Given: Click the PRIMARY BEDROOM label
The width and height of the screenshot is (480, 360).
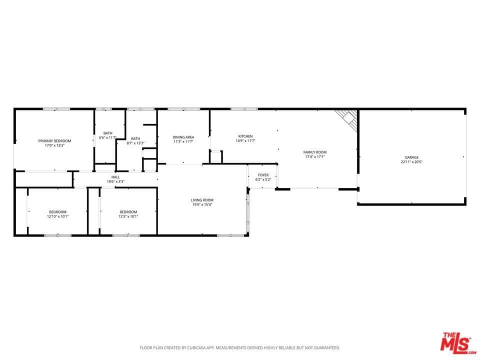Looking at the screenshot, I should pyautogui.click(x=54, y=141).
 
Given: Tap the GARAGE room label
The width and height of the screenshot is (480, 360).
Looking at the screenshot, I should pyautogui.click(x=411, y=157).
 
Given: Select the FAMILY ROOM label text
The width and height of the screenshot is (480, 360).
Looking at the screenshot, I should pyautogui.click(x=315, y=152).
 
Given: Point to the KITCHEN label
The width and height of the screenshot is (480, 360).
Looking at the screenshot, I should pyautogui.click(x=245, y=136).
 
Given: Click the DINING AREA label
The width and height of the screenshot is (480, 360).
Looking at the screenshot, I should pyautogui.click(x=183, y=137).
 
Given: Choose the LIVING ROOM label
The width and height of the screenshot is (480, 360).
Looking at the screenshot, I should pyautogui.click(x=202, y=200).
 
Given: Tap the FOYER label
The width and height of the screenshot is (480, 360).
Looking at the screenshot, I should pyautogui.click(x=263, y=175).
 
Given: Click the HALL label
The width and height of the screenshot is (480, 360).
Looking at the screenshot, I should pyautogui.click(x=115, y=177).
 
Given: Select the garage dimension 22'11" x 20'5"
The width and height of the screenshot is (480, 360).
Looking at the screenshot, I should pyautogui.click(x=411, y=162).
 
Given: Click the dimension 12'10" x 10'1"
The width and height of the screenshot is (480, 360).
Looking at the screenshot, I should pyautogui.click(x=57, y=216).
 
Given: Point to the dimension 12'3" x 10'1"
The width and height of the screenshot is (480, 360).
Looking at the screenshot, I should pyautogui.click(x=128, y=216).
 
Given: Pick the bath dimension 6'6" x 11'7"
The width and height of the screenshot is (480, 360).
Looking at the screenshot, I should pyautogui.click(x=107, y=137).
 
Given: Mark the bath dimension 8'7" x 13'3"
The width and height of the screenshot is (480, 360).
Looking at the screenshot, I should pyautogui.click(x=135, y=143).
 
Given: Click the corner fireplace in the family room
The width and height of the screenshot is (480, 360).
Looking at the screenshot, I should pyautogui.click(x=348, y=118).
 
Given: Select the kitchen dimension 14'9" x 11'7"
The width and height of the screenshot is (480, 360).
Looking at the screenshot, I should pyautogui.click(x=245, y=141).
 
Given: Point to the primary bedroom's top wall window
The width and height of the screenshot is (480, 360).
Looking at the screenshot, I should pyautogui.click(x=56, y=109).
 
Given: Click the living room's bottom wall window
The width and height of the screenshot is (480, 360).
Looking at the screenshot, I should pyautogui.click(x=230, y=235).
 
